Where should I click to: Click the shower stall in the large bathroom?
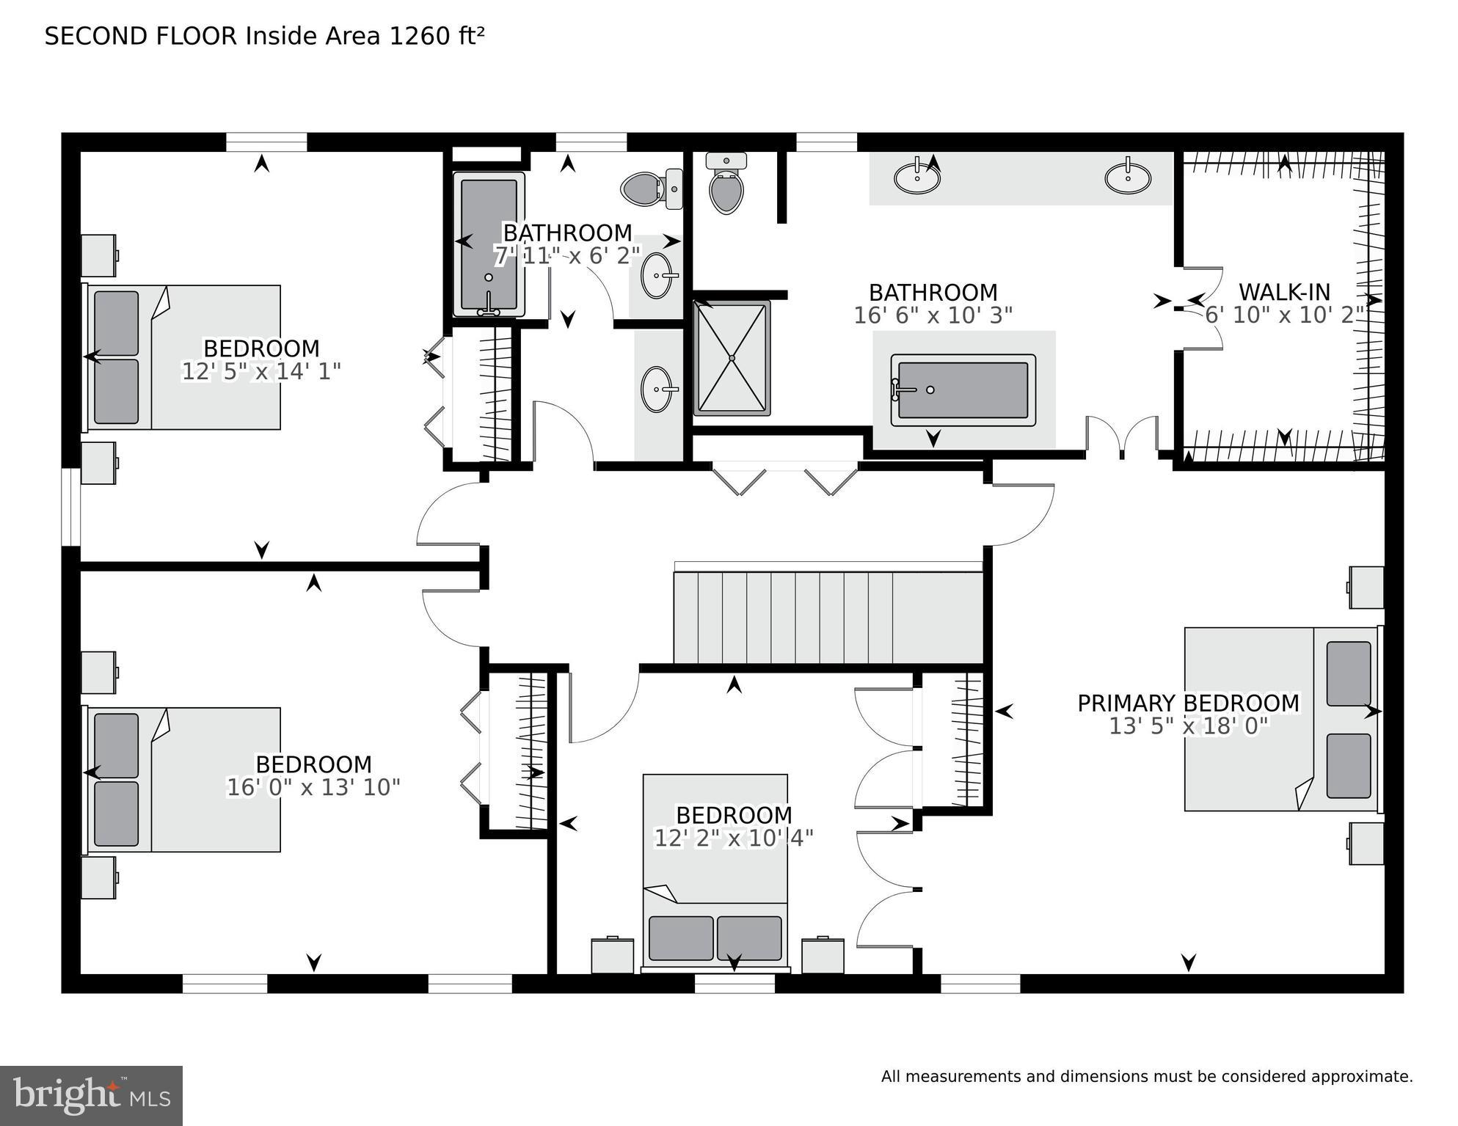click(732, 358)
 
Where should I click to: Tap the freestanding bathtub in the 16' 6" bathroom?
click(963, 390)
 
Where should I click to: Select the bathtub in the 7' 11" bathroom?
click(489, 244)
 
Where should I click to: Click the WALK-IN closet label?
click(1284, 292)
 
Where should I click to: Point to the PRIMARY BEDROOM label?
click(1188, 703)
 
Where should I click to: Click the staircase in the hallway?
click(828, 618)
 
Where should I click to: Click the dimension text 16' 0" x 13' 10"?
click(313, 788)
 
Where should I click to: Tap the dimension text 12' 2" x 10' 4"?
click(734, 838)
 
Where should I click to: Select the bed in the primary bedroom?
click(1281, 719)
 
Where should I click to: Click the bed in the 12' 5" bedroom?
click(183, 357)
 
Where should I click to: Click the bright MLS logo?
click(91, 1096)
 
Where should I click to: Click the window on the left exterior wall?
click(70, 507)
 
